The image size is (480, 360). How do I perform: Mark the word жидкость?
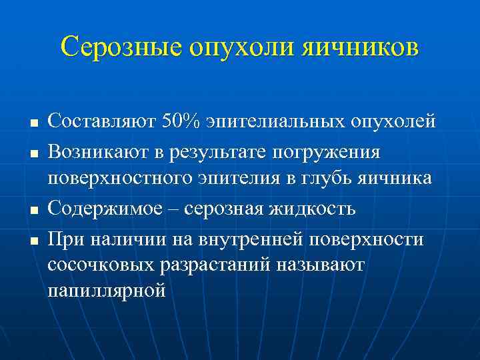coord(314,209)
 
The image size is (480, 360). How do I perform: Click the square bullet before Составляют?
coord(32,124)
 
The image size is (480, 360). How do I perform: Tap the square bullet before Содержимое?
coord(32,211)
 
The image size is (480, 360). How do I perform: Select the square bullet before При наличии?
coord(32,239)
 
